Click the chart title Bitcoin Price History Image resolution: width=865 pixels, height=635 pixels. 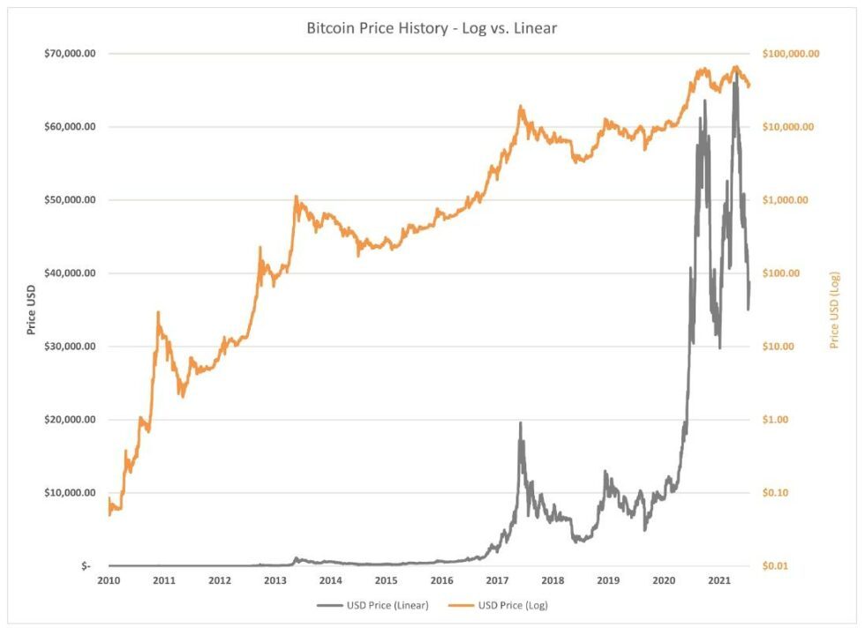(x=432, y=28)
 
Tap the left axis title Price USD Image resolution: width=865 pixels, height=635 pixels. (x=32, y=310)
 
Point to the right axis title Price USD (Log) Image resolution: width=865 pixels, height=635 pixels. (x=834, y=310)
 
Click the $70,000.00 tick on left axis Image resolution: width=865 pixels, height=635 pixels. (x=70, y=54)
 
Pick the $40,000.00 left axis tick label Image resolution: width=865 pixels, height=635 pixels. (x=70, y=273)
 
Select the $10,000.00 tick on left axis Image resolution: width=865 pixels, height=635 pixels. (x=70, y=492)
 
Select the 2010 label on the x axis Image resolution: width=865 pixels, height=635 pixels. (x=109, y=580)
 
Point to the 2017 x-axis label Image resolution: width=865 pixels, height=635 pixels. (x=497, y=580)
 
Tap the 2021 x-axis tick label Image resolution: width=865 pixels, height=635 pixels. (x=719, y=580)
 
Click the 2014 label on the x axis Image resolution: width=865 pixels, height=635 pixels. (x=330, y=580)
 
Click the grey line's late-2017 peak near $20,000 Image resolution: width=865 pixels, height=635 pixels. (x=520, y=423)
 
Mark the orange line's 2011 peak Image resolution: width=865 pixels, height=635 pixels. (x=158, y=312)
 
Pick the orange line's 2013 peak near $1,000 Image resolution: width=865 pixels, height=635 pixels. (x=297, y=197)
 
